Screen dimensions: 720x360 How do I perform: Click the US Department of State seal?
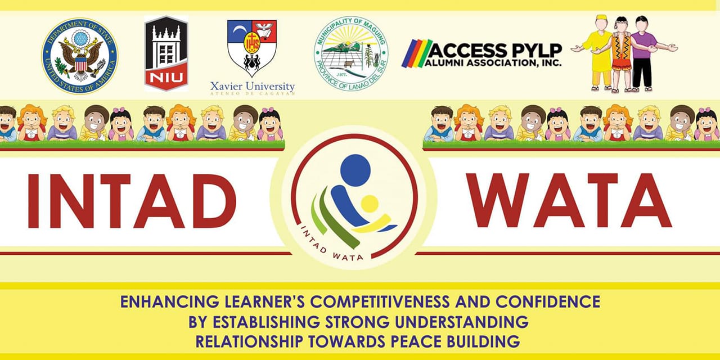[80, 56]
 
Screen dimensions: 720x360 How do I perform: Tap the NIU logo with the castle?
[166, 53]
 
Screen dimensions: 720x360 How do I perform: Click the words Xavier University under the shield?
[253, 86]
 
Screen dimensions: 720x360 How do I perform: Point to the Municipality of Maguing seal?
[351, 53]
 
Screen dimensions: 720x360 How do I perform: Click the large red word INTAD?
[132, 201]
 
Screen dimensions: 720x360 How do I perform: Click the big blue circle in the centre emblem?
[355, 170]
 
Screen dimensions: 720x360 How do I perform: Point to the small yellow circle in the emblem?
[370, 204]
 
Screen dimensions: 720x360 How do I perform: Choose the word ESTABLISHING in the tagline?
[267, 322]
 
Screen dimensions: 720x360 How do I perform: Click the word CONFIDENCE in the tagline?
[548, 301]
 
